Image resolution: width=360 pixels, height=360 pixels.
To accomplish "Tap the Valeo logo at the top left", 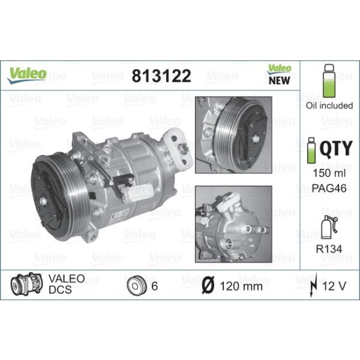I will click(x=26, y=74).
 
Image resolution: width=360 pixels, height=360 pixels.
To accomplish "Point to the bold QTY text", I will click(x=337, y=149).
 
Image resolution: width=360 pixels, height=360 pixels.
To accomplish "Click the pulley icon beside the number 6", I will click(x=136, y=285).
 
